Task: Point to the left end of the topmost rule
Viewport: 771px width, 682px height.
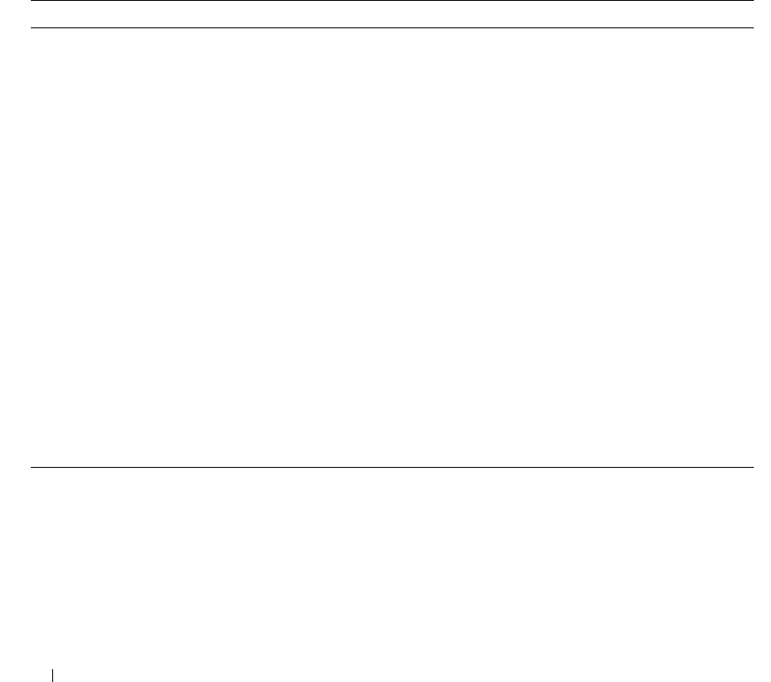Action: tap(33, 2)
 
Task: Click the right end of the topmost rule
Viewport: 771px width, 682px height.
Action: tap(752, 2)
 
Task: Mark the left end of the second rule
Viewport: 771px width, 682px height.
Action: tap(33, 28)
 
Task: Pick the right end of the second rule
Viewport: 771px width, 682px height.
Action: tap(752, 28)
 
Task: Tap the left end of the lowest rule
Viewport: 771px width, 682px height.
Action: tap(33, 467)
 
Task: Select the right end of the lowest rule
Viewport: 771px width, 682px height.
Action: tap(752, 467)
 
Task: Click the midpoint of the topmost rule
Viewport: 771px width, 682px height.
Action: tap(392, 2)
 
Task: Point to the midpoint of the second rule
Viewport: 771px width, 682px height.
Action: tap(392, 28)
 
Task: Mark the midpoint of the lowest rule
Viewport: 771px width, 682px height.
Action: tap(392, 467)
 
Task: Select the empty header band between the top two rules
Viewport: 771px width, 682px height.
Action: tap(392, 15)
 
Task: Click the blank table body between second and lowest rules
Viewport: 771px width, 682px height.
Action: tap(392, 248)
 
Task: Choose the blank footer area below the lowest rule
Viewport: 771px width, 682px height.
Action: tap(392, 565)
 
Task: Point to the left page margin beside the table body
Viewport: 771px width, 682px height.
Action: tap(15, 248)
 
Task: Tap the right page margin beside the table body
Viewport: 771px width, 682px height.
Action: tap(762, 248)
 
